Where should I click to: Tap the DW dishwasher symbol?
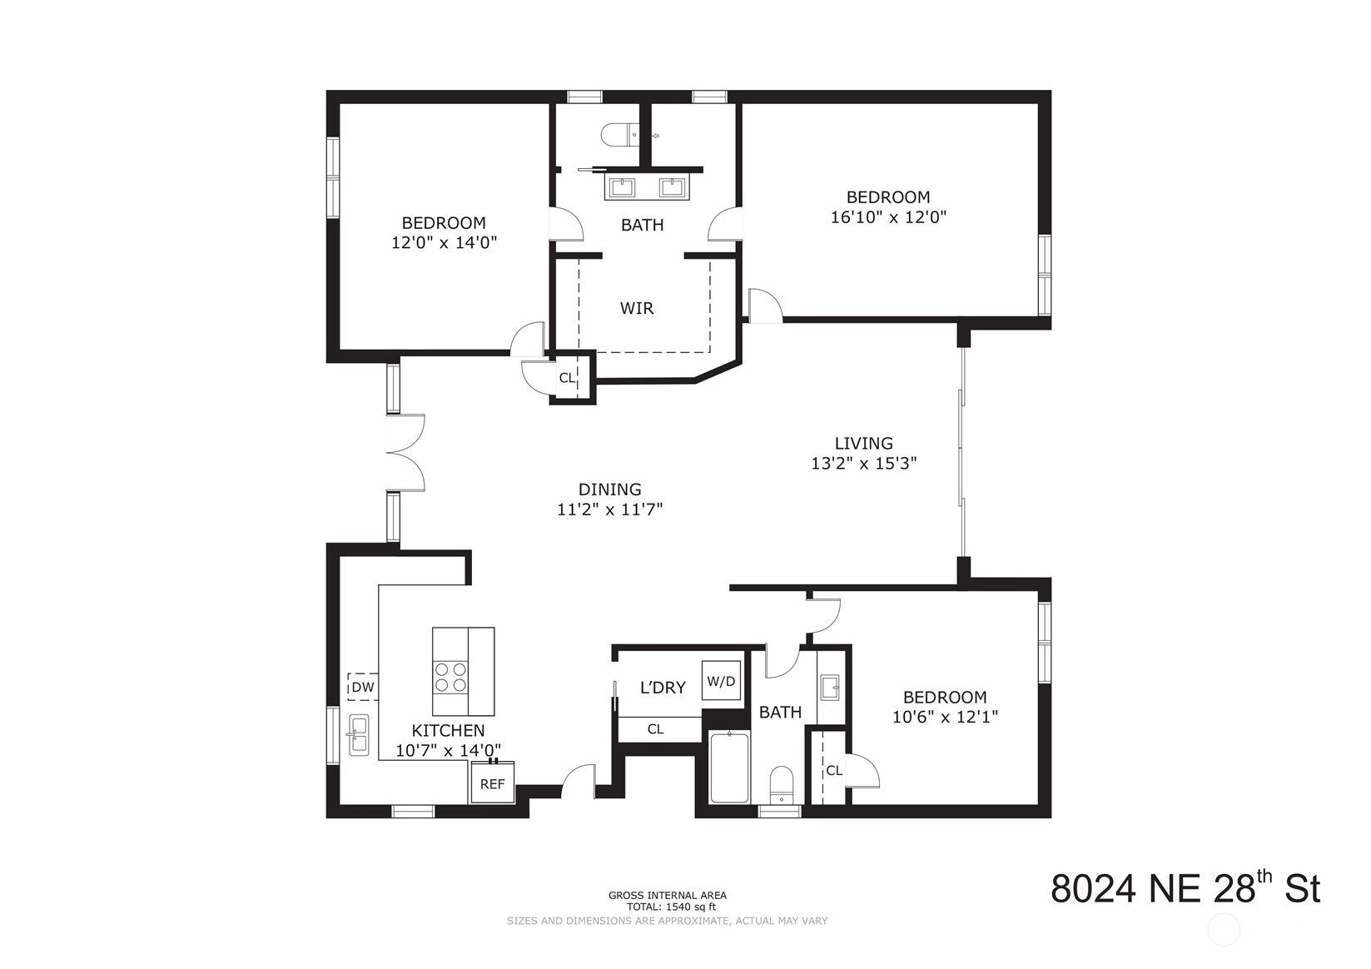click(x=363, y=687)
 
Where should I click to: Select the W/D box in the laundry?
click(x=721, y=680)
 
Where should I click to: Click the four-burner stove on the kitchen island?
click(x=450, y=678)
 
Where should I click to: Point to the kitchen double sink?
click(x=359, y=734)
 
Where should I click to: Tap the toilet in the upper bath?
click(x=620, y=135)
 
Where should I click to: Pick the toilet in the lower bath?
click(x=781, y=785)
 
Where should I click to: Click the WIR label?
click(x=637, y=308)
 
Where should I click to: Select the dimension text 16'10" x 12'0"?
click(x=888, y=217)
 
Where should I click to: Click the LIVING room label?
click(x=863, y=443)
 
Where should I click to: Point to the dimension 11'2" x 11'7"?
click(x=609, y=509)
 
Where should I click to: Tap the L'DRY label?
click(x=663, y=688)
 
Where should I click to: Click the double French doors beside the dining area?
click(x=405, y=453)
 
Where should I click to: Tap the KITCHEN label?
click(x=448, y=730)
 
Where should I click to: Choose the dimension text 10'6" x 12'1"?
click(x=945, y=717)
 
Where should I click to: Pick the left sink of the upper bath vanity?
click(x=622, y=187)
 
